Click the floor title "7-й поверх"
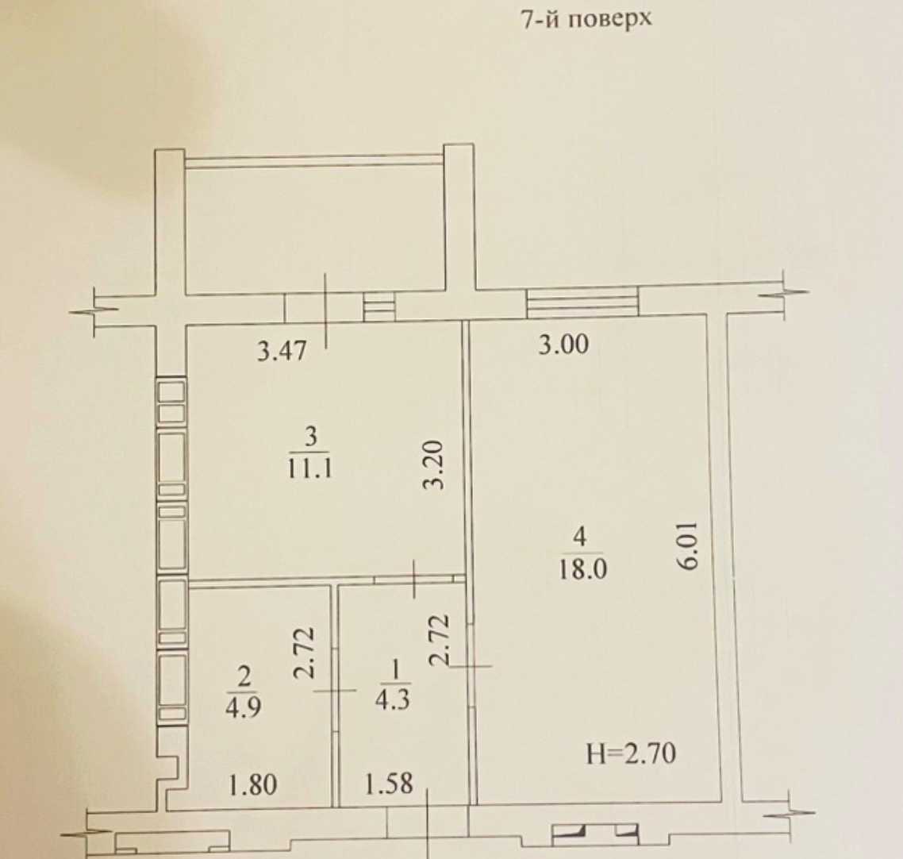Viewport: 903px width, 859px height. (586, 19)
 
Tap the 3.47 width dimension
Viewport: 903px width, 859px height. (282, 350)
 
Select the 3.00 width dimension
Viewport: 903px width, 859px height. (563, 345)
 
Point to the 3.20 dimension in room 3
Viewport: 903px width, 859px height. (434, 465)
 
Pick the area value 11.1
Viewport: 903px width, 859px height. (309, 468)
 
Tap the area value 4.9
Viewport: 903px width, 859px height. (243, 706)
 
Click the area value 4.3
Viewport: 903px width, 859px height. (392, 699)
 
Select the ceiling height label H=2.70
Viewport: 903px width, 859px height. (631, 753)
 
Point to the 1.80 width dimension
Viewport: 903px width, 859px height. (253, 784)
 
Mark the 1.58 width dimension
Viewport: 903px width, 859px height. (390, 783)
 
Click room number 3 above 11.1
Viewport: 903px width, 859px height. (310, 437)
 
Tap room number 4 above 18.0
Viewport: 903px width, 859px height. (580, 537)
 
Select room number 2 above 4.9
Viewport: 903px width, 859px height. (244, 676)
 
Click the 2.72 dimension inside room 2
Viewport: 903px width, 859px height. (304, 652)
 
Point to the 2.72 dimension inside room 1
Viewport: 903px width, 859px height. (439, 641)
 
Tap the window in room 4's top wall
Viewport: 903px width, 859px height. (582, 302)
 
